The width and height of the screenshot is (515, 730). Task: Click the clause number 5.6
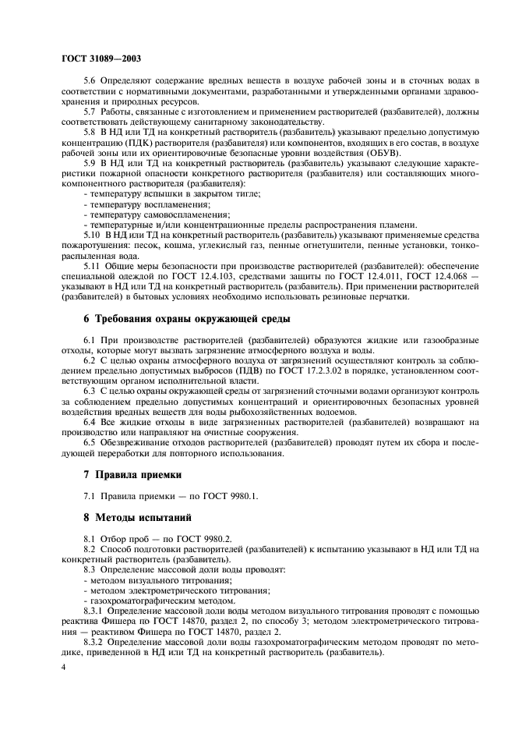91,80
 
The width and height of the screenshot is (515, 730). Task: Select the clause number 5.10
93,233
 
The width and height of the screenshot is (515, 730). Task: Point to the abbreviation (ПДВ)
242,370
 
